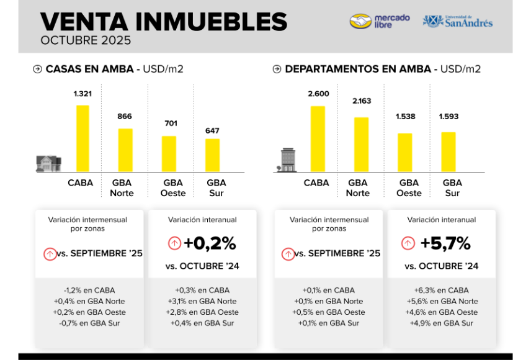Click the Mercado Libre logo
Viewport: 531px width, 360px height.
(x=380, y=21)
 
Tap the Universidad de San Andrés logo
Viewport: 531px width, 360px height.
(x=458, y=21)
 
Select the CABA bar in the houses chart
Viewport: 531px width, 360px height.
(x=83, y=138)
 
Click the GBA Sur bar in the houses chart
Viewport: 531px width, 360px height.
(x=213, y=155)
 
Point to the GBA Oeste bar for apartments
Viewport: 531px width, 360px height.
(x=404, y=152)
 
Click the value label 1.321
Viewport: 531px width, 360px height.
(x=83, y=94)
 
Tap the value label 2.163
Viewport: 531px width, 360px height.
(x=361, y=101)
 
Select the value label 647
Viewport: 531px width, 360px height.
(x=213, y=130)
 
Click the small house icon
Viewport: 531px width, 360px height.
(x=48, y=163)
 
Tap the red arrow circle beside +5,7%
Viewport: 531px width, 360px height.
(x=408, y=243)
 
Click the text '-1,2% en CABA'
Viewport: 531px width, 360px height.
(x=89, y=290)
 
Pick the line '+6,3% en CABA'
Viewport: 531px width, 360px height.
(x=441, y=290)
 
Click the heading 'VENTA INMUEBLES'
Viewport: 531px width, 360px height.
(x=164, y=22)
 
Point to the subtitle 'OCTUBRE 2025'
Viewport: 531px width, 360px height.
(x=86, y=41)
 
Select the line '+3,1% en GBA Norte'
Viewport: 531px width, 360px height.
(x=202, y=301)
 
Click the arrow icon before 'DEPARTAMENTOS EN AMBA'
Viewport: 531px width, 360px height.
(x=277, y=69)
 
